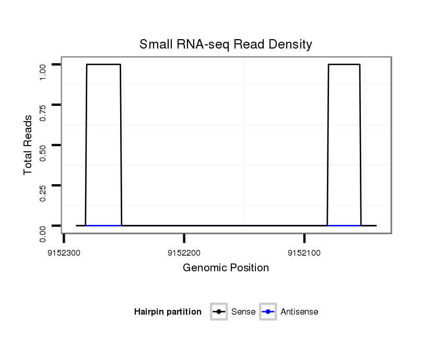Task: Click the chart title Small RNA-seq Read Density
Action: [226, 44]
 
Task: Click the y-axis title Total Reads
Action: [28, 145]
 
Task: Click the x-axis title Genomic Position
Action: [226, 268]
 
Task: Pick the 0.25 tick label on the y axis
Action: [43, 193]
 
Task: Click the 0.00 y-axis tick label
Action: [43, 233]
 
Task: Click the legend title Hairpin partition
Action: [168, 312]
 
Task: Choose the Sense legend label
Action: [243, 312]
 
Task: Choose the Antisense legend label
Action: [299, 312]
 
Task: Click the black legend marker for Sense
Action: [219, 312]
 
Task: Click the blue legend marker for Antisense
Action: [268, 312]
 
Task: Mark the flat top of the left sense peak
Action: [103, 64]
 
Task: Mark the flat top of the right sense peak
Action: [344, 64]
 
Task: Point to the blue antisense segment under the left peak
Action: [103, 225]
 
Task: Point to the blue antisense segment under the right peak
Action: [344, 225]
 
